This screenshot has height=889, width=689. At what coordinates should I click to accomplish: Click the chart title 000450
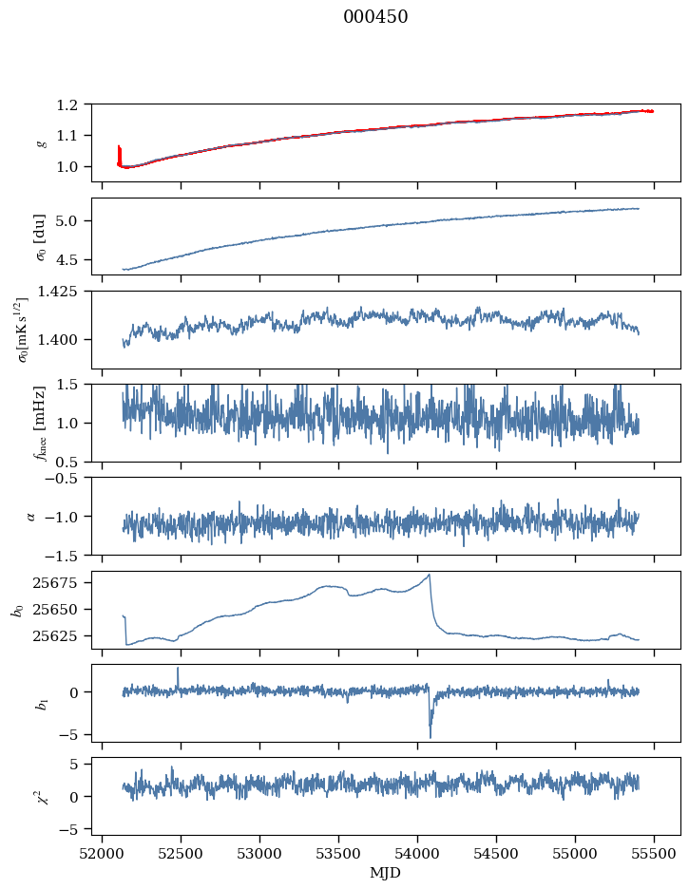coord(375,17)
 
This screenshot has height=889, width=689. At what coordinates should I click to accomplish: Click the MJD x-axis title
coord(386,873)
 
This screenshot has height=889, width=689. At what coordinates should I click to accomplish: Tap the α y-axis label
coord(30,516)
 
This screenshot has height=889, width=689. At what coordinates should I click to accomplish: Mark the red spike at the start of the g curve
coord(119,152)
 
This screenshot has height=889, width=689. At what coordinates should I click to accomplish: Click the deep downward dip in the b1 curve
coord(430,735)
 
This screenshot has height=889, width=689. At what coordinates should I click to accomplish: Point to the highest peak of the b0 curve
coord(430,575)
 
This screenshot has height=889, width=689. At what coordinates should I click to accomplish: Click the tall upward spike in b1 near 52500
coord(178,669)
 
